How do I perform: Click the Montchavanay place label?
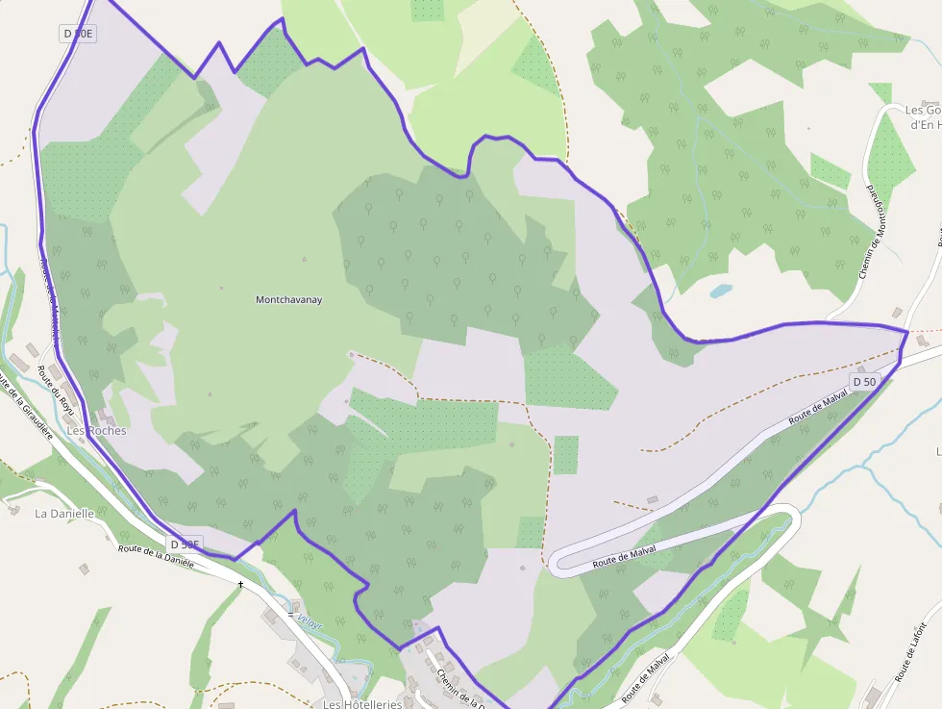coord(288,300)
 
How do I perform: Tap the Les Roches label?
coord(96,431)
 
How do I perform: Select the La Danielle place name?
coord(64,514)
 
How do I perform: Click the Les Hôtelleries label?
coord(361,703)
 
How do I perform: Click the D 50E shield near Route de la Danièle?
coord(185,545)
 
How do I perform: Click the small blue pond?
coord(720,290)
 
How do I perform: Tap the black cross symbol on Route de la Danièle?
coord(240,584)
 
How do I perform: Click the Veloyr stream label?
coord(309,618)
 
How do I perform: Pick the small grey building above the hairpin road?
coord(654,500)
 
